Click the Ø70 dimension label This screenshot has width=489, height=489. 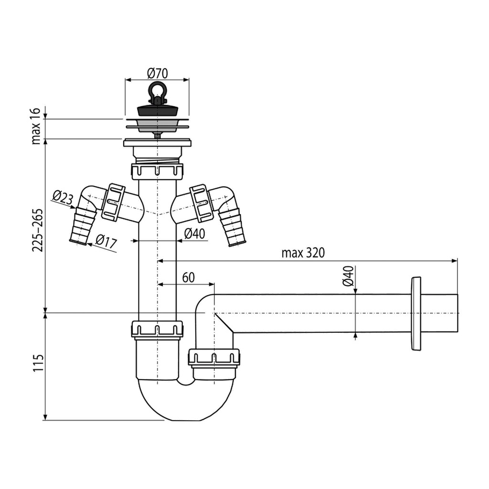click(x=157, y=74)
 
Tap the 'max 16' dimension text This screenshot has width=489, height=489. click(x=36, y=126)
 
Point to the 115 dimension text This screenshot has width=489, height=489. click(x=38, y=362)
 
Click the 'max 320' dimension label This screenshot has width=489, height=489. click(x=303, y=253)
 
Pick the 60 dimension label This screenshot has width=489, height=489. click(x=188, y=277)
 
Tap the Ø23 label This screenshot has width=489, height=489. click(x=63, y=198)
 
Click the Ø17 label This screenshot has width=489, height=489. click(x=106, y=241)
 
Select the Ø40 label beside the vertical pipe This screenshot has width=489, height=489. click(x=195, y=233)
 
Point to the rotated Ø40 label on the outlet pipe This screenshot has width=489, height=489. click(x=348, y=276)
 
